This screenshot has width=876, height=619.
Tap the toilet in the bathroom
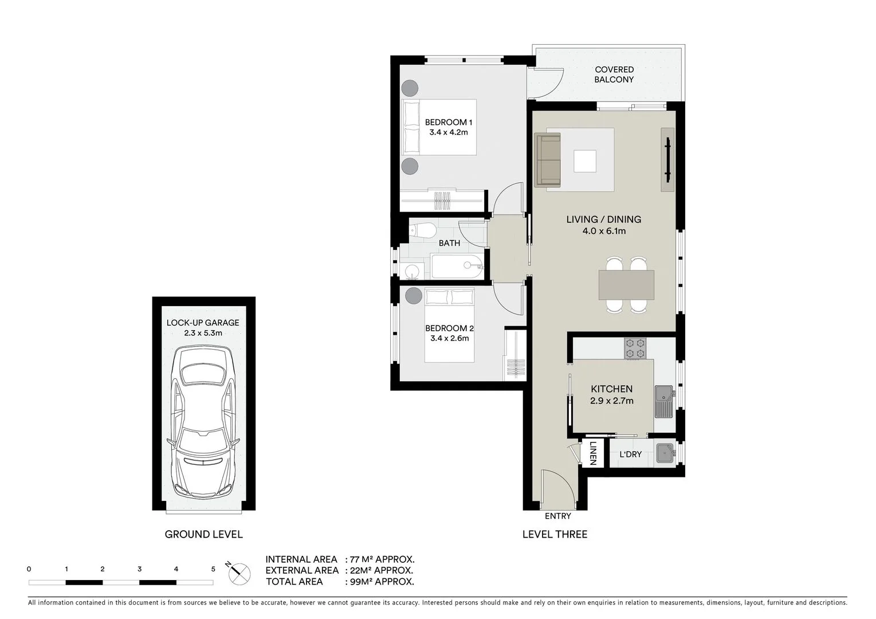coord(422,230)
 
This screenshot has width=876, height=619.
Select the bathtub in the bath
coord(457,267)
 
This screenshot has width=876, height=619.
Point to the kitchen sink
coord(665,401)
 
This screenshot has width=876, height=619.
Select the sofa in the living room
coord(548,160)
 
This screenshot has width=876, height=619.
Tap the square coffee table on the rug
coord(585,160)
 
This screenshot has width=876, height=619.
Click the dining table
coord(626,285)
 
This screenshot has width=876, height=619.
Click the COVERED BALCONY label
coord(614,75)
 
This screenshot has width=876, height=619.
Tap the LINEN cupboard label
coord(593,453)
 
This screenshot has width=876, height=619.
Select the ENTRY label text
coord(557,516)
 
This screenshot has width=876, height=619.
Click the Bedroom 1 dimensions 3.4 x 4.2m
coord(449,132)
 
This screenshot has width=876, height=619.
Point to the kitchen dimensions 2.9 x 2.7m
coord(612,401)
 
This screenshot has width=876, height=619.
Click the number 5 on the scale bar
coord(213,569)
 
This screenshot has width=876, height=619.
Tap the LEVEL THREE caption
coord(555,534)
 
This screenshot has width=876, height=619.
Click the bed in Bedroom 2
coord(450,327)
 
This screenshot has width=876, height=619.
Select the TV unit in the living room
coord(667,160)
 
